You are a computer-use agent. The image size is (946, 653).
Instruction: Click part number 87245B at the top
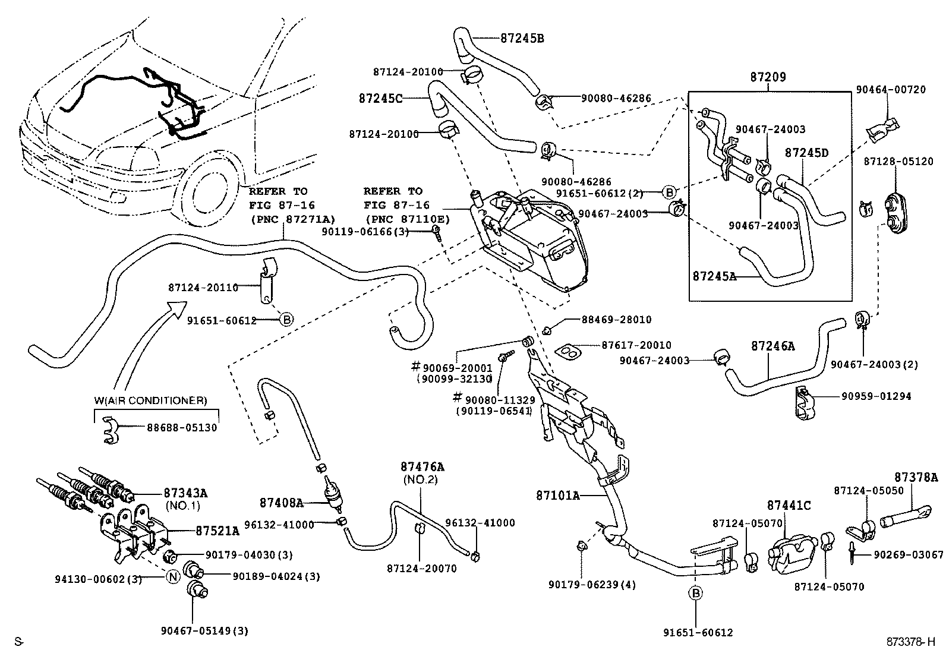[522, 39]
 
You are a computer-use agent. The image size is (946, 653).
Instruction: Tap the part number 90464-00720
[890, 90]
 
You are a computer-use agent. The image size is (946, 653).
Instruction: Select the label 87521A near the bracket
[217, 531]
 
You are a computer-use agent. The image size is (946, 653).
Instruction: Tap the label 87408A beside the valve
[281, 503]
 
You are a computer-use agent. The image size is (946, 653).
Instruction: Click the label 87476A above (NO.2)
[422, 468]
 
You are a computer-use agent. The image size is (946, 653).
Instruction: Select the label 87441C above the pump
[789, 506]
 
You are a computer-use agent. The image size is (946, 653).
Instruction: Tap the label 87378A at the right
[916, 477]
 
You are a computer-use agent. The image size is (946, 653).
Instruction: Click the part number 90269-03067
[908, 555]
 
